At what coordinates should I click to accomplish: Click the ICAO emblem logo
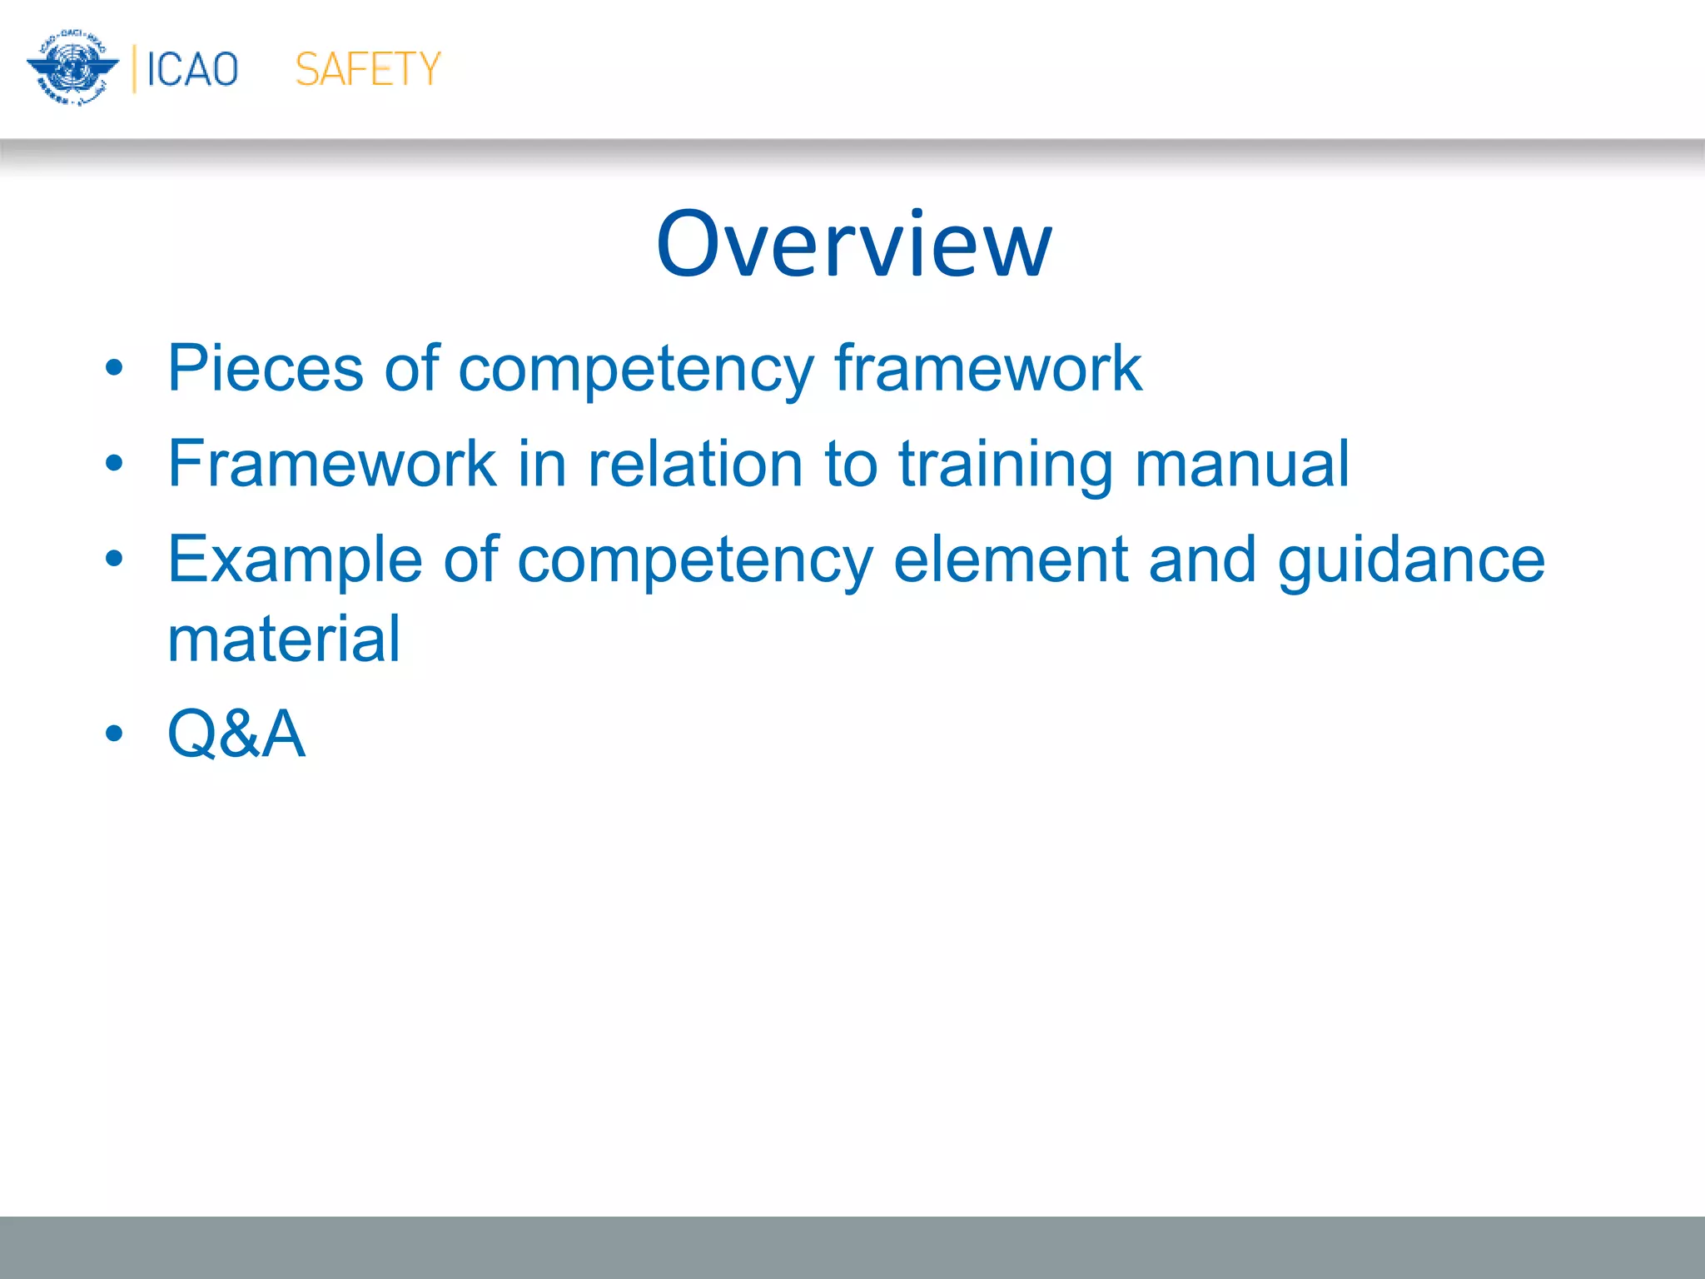click(x=72, y=67)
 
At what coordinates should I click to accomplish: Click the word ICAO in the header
click(x=192, y=69)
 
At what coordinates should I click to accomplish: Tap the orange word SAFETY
click(x=367, y=69)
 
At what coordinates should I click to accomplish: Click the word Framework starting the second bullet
click(x=331, y=463)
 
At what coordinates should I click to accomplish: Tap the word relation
click(x=695, y=463)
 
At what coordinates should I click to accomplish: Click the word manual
click(x=1241, y=463)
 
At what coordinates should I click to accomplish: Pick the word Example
click(x=295, y=560)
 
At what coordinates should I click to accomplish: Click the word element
click(x=1010, y=559)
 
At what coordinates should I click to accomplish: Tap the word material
click(x=284, y=639)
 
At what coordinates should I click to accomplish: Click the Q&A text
click(x=236, y=734)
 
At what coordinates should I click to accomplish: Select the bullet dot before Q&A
click(x=114, y=734)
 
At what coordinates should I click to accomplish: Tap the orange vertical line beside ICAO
click(x=134, y=68)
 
